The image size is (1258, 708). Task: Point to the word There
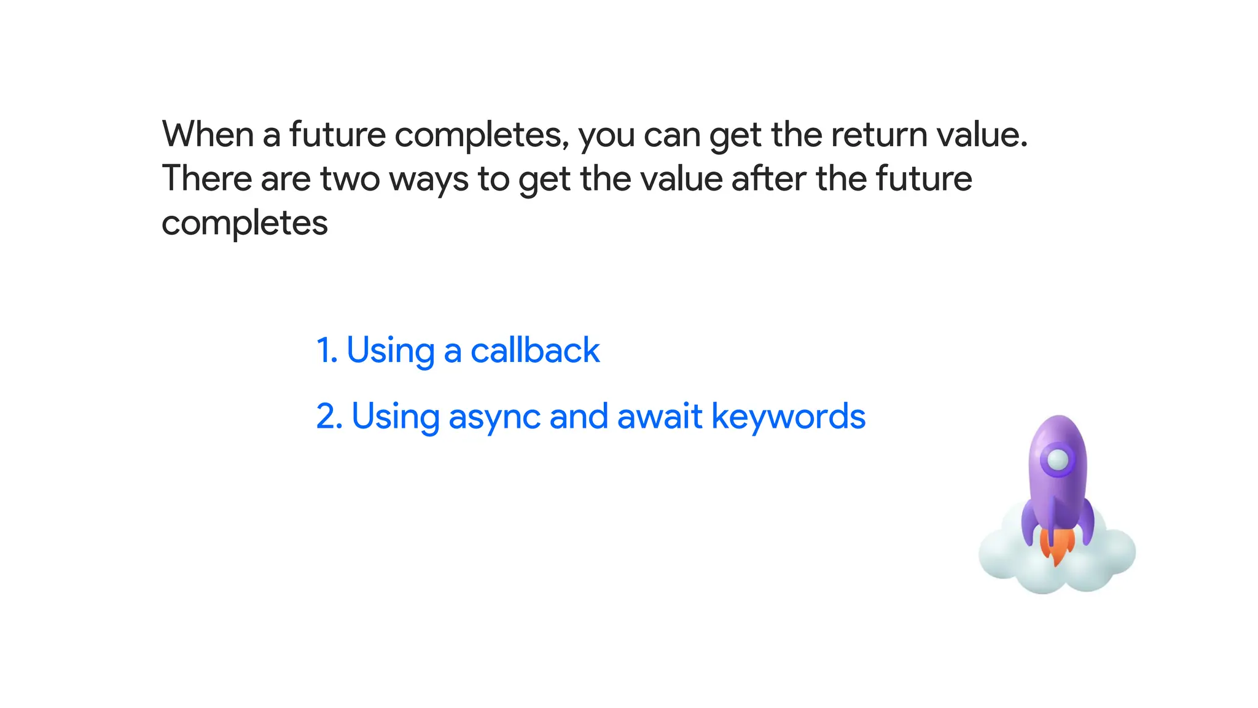[206, 179]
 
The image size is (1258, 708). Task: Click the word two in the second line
[350, 179]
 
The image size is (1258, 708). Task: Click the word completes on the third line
[244, 223]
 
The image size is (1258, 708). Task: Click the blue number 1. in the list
[327, 350]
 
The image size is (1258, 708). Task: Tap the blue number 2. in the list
[329, 416]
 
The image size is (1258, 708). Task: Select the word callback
[535, 350]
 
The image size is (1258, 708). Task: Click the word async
[494, 417]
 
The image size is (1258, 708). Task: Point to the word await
[659, 416]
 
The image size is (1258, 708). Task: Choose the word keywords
[788, 417]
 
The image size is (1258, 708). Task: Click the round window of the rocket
[1058, 459]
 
